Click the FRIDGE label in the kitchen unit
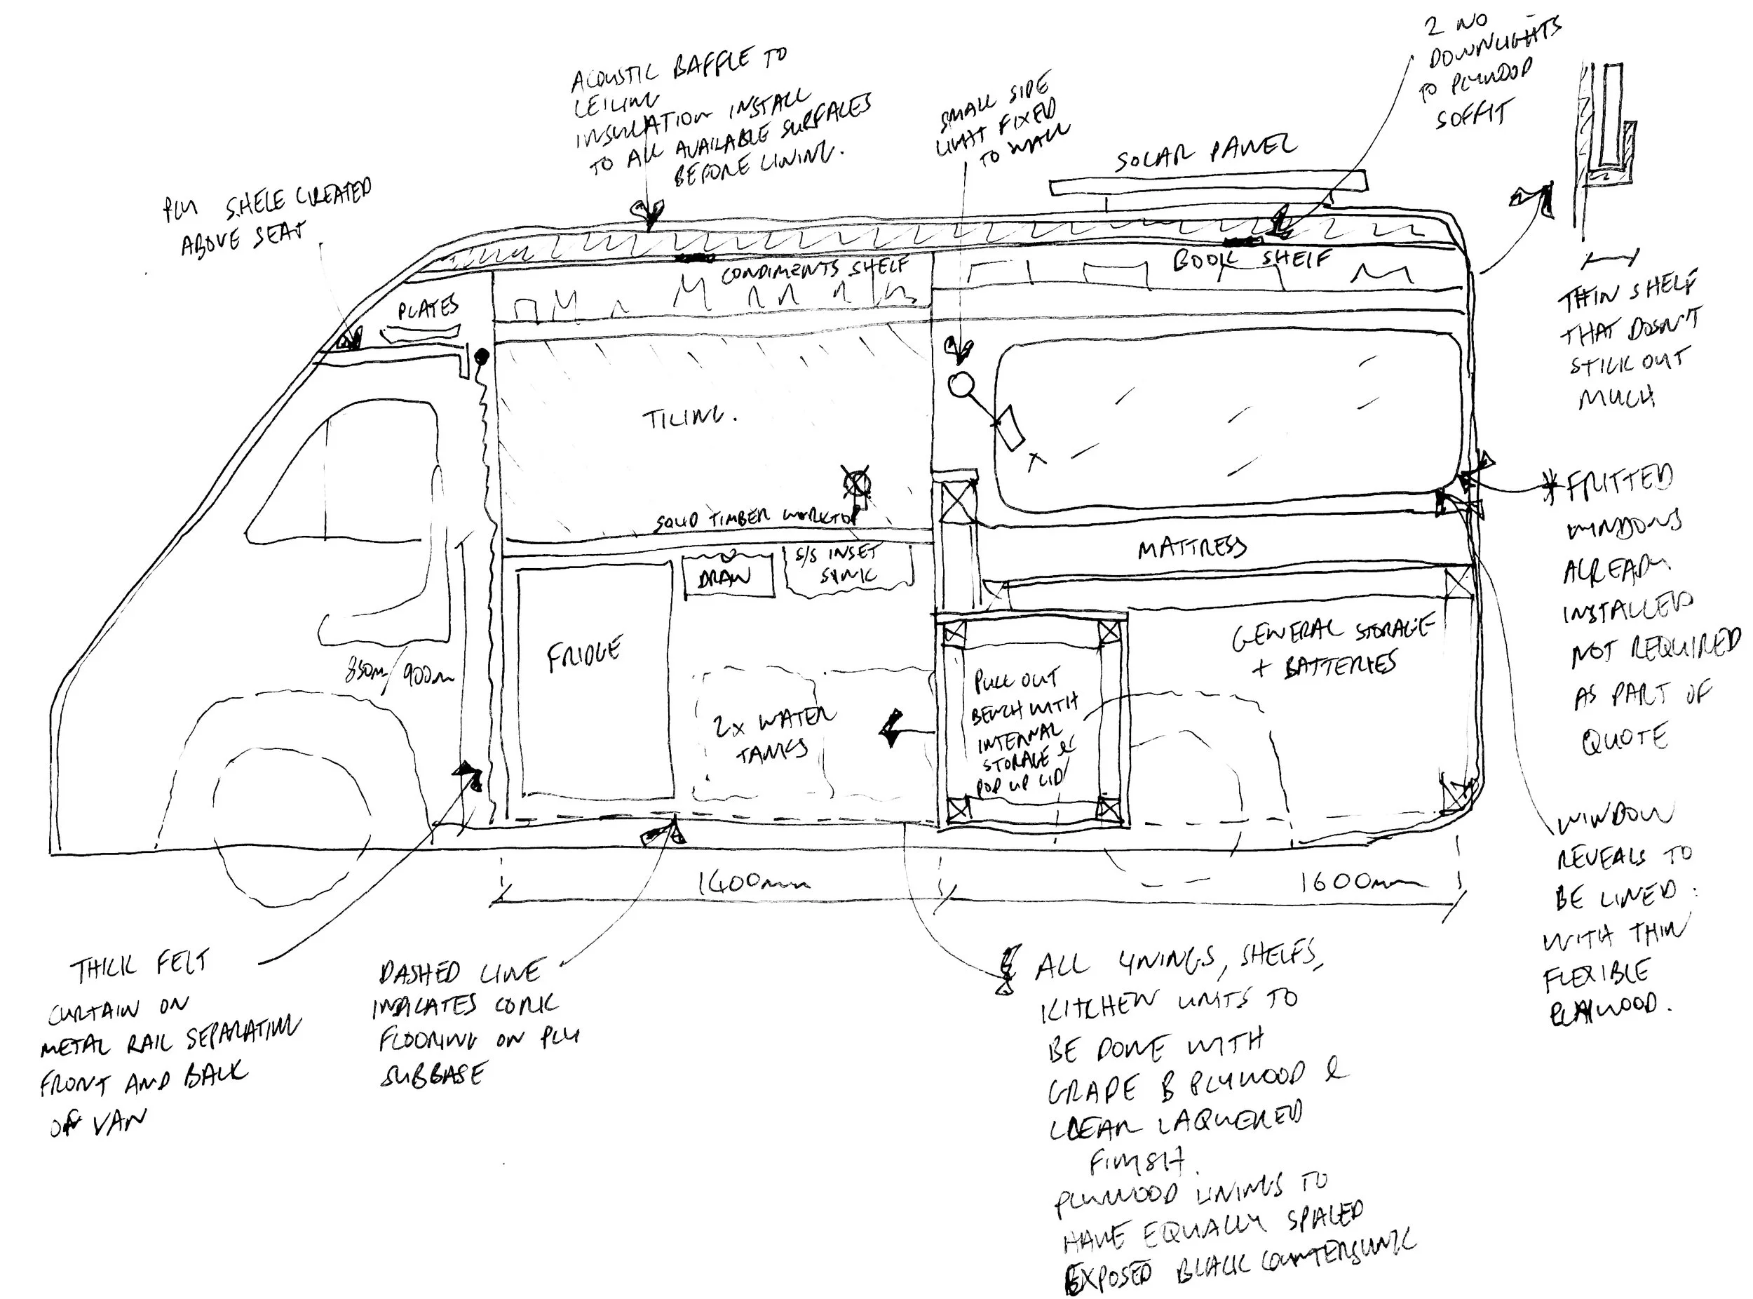(x=583, y=654)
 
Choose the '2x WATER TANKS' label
(x=773, y=734)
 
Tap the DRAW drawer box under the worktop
(x=726, y=576)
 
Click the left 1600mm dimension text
(x=752, y=883)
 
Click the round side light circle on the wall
(x=961, y=385)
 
